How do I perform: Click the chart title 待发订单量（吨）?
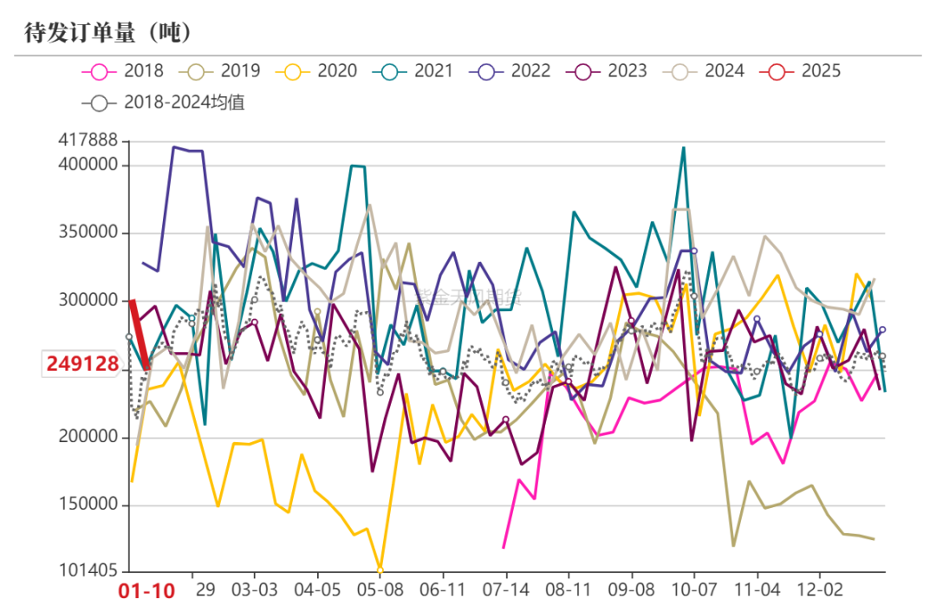(107, 33)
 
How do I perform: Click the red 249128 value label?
(82, 364)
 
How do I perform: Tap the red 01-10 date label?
(146, 591)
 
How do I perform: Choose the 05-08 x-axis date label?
(380, 589)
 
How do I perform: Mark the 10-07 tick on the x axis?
(694, 589)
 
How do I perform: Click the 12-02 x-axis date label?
(821, 589)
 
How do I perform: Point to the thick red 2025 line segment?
(140, 335)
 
